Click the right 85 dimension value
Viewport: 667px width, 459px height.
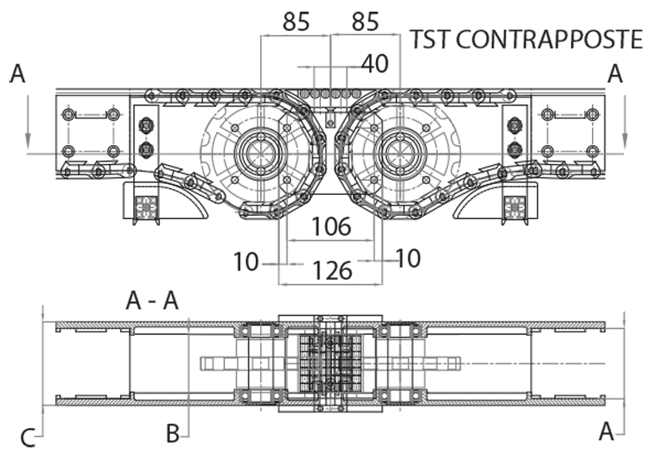[x=365, y=22]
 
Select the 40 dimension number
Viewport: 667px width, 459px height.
[x=375, y=64]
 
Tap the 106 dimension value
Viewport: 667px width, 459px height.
[x=331, y=226]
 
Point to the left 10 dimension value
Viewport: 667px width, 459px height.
[x=247, y=262]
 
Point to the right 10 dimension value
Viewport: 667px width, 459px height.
[x=409, y=259]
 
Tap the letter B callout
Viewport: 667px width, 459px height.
[x=172, y=433]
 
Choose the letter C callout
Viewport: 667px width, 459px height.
[x=28, y=437]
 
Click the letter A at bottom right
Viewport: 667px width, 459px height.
[x=608, y=431]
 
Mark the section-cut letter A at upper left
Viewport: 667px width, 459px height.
[x=18, y=75]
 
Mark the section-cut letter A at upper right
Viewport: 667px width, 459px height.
[x=615, y=75]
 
